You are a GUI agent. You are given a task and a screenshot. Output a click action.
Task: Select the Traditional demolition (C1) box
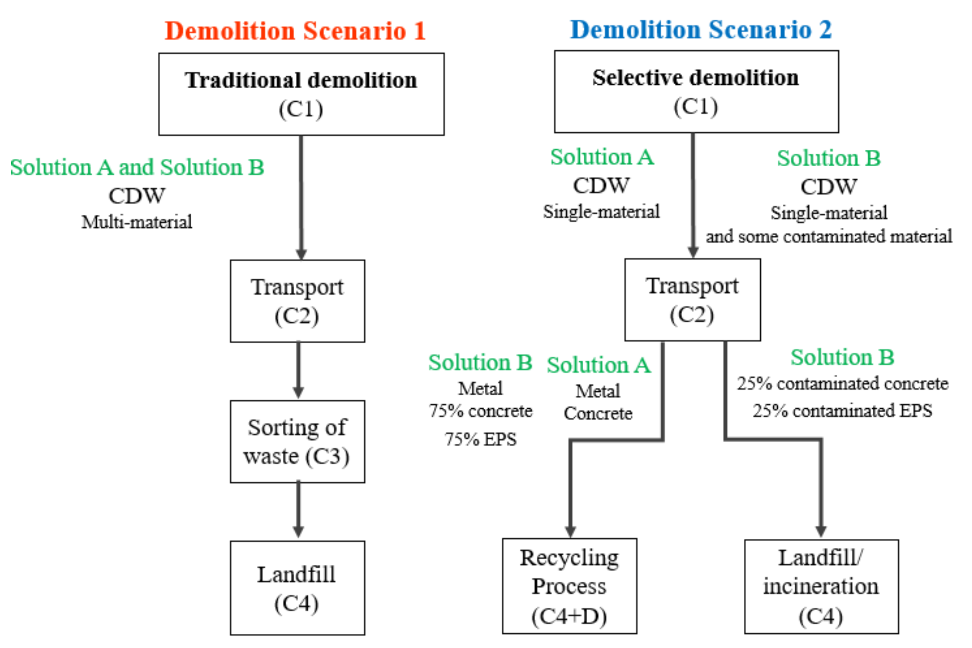click(x=301, y=94)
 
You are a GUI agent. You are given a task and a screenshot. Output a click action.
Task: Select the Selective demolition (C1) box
click(x=696, y=91)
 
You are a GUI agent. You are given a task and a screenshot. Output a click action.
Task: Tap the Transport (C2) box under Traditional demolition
click(x=297, y=301)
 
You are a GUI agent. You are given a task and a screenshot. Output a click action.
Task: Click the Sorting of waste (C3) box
click(x=297, y=442)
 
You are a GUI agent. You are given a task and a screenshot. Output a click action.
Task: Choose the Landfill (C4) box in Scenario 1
click(x=297, y=588)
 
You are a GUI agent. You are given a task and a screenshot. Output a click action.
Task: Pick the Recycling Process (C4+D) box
click(x=569, y=586)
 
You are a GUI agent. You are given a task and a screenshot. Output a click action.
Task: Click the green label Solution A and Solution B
click(x=137, y=167)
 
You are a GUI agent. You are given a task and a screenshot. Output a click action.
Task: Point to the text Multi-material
click(x=137, y=222)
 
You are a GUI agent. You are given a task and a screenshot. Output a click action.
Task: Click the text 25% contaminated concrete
click(x=842, y=383)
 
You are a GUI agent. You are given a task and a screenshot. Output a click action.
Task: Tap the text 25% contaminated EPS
click(x=842, y=411)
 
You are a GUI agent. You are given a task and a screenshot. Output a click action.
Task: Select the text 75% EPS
click(x=480, y=439)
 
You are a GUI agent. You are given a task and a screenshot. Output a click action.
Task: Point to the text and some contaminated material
click(x=828, y=237)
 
